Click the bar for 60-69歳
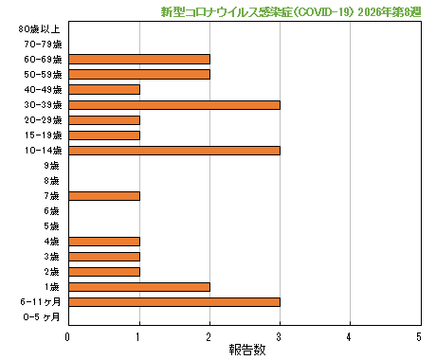coord(139,59)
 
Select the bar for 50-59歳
coord(139,74)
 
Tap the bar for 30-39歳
coord(174,104)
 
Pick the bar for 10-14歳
coord(174,150)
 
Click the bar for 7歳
coord(104,195)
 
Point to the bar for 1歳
coord(139,286)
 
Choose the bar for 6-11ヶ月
coord(174,301)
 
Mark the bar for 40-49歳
coord(104,89)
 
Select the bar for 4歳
coord(104,241)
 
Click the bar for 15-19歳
coord(104,135)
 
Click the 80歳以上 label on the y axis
coord(41,29)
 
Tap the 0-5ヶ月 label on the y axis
coord(41,317)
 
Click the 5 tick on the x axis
coord(419,336)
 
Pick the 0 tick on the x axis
coord(68,336)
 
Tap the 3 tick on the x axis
coord(280,336)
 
